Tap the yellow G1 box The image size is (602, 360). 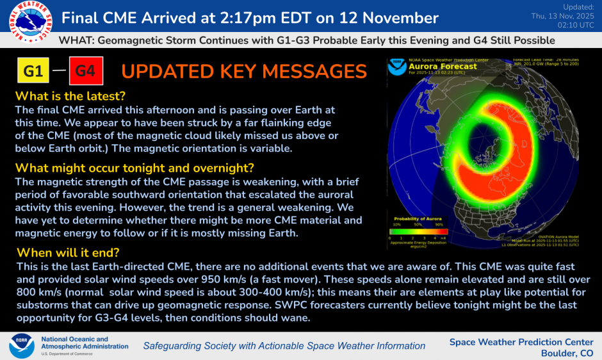pyautogui.click(x=34, y=71)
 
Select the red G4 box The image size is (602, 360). pyautogui.click(x=86, y=71)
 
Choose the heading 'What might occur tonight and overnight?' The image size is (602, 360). pyautogui.click(x=134, y=168)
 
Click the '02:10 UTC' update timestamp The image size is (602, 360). pyautogui.click(x=573, y=25)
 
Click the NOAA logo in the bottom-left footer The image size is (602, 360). pyautogui.click(x=21, y=345)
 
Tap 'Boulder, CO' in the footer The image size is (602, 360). pyautogui.click(x=567, y=353)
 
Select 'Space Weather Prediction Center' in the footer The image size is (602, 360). pyautogui.click(x=522, y=341)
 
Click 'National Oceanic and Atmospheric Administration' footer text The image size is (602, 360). pyautogui.click(x=84, y=343)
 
